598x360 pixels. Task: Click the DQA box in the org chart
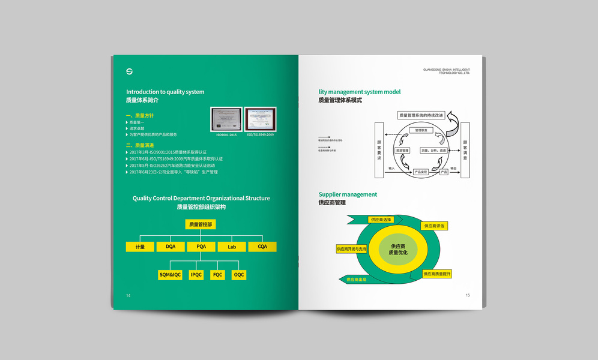point(171,247)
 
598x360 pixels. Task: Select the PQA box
point(201,247)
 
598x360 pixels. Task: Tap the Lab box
point(232,247)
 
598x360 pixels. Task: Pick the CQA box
point(262,247)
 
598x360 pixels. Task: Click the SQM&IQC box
point(170,275)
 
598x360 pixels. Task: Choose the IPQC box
point(196,275)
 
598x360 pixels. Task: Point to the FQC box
point(217,275)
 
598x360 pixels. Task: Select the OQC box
point(239,275)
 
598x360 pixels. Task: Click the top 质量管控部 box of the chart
point(201,224)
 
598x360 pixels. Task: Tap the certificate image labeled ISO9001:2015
point(226,119)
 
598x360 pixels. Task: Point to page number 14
point(128,295)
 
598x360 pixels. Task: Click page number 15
point(468,295)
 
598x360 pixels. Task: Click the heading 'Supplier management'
point(348,194)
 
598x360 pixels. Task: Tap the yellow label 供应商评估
point(434,226)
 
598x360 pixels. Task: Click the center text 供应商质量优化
point(398,250)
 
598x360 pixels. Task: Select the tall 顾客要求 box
point(379,150)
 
